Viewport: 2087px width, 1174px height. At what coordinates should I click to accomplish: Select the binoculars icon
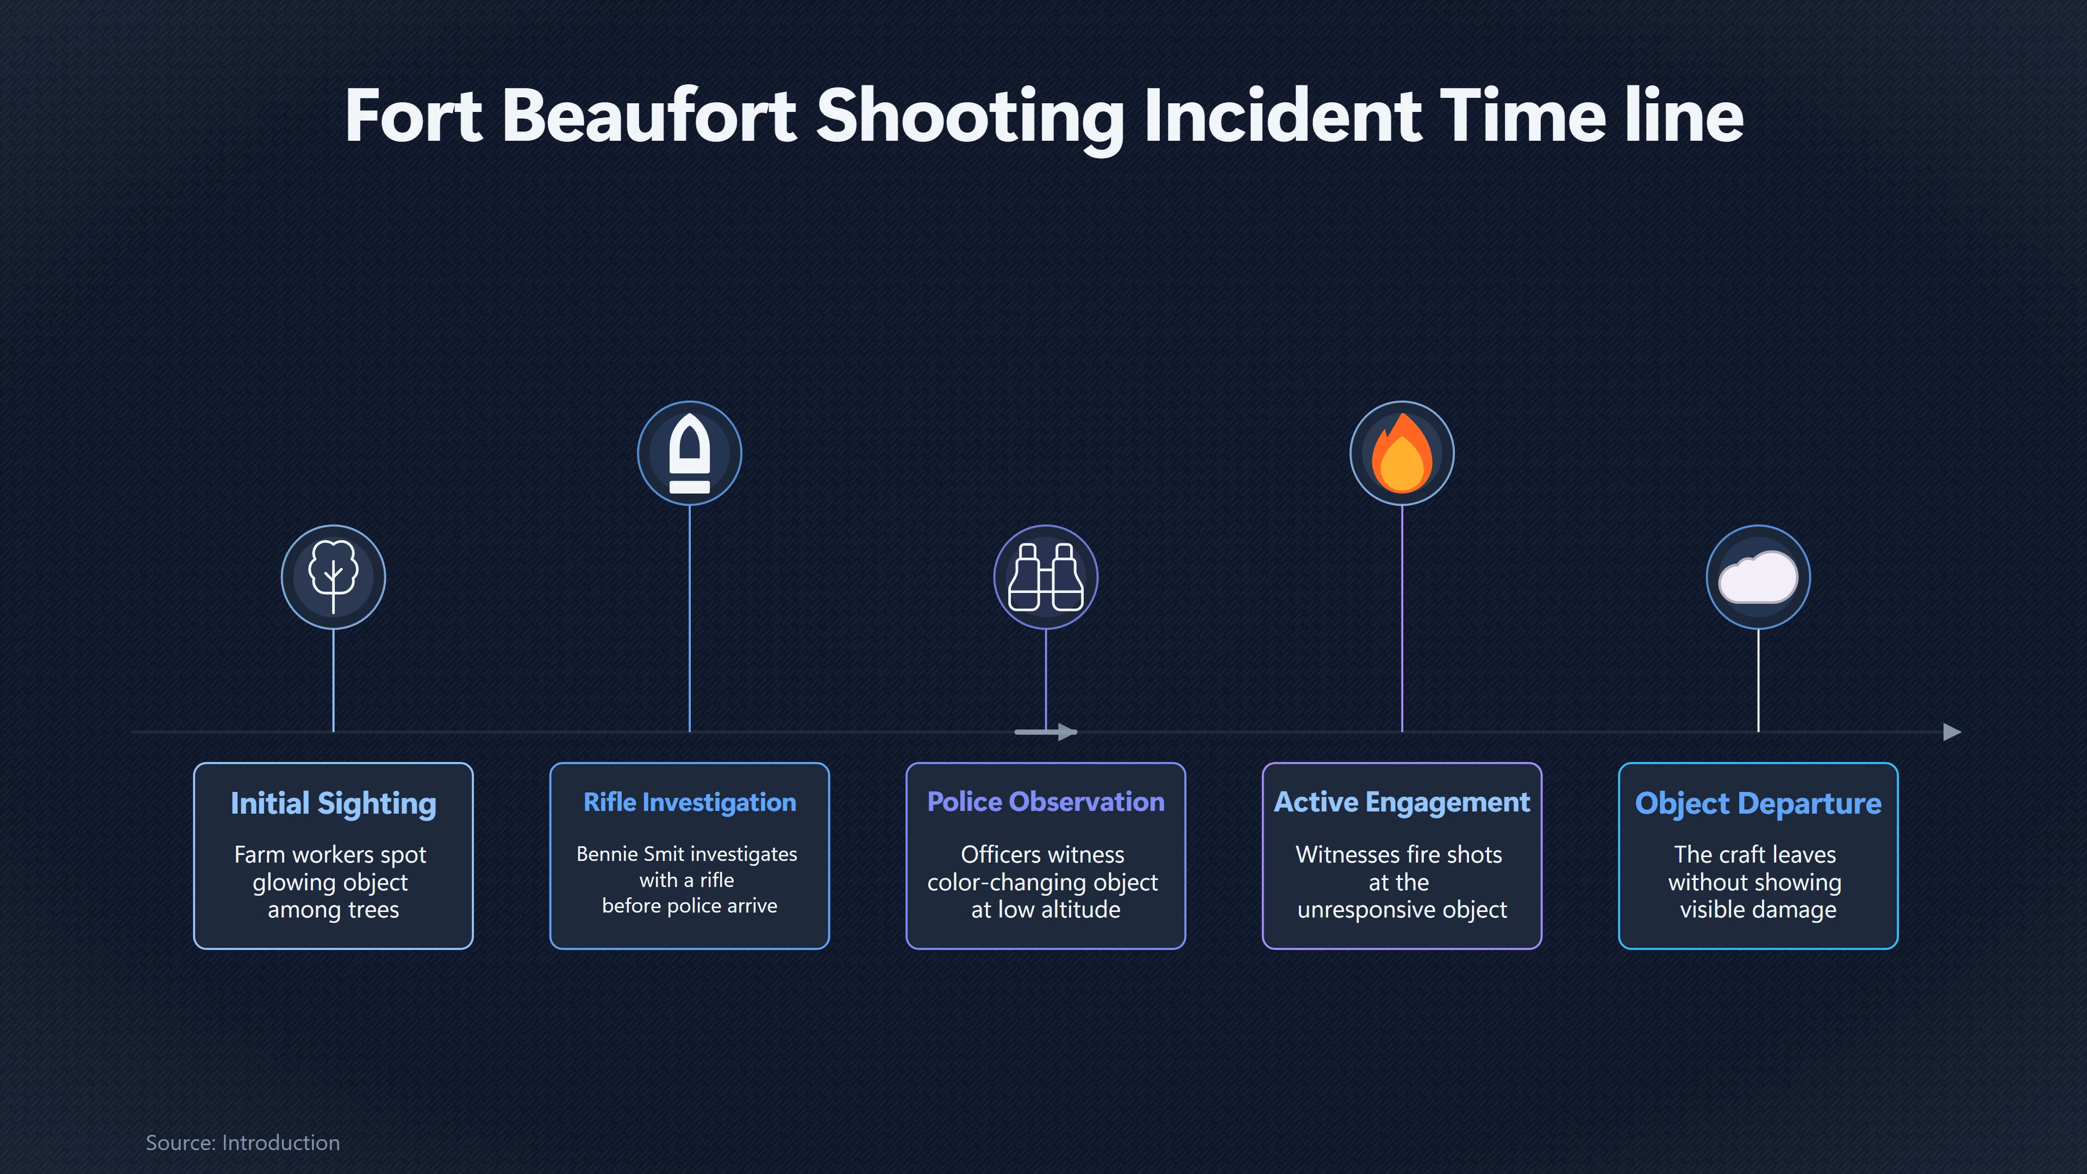pos(1045,577)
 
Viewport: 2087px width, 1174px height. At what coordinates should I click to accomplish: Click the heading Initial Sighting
pos(333,804)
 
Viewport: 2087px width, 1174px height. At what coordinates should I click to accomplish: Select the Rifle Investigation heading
pos(690,802)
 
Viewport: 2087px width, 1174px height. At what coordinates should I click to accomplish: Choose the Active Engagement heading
pos(1402,802)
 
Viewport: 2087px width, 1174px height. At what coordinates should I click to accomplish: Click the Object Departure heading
pos(1758,804)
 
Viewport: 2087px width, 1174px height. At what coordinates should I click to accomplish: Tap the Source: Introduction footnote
pos(242,1142)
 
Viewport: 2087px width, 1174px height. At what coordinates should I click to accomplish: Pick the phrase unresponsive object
pos(1402,910)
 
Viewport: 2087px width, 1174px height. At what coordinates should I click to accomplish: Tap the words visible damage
pos(1758,910)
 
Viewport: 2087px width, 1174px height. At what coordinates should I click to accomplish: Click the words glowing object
pos(330,882)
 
